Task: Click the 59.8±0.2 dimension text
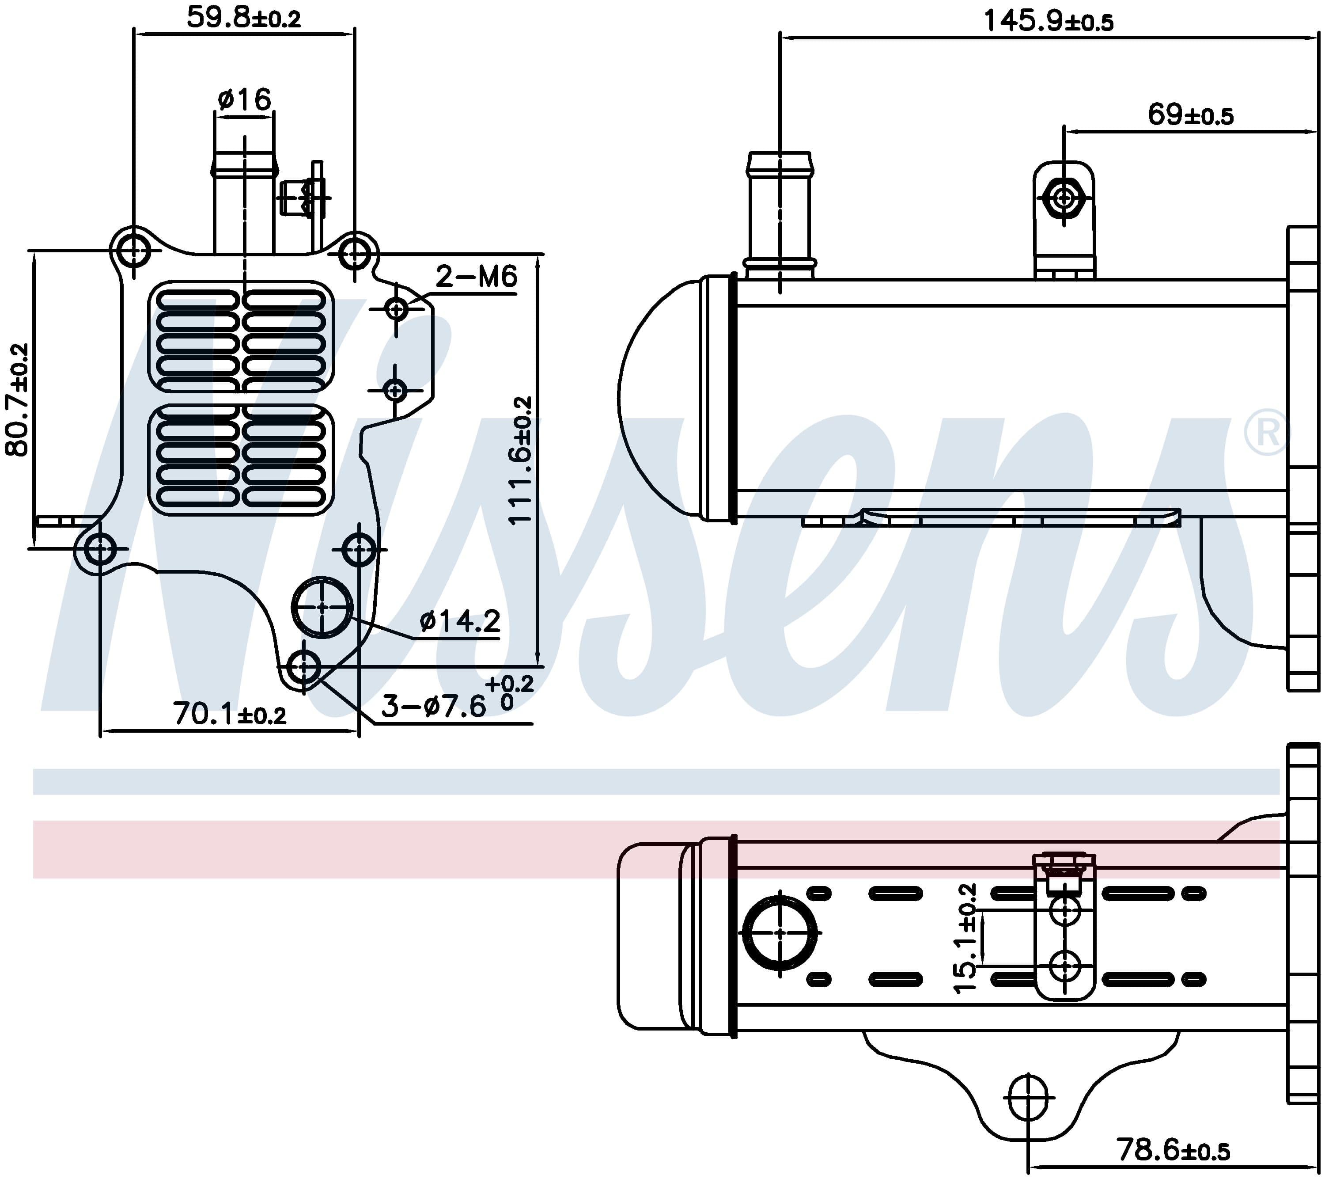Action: tap(244, 18)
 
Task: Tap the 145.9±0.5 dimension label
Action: tap(1048, 21)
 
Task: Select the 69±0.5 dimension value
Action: tap(1191, 115)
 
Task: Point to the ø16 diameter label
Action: tap(244, 100)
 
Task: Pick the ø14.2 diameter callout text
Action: tap(460, 621)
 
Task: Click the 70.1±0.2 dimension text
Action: tap(230, 714)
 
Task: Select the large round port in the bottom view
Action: tap(780, 932)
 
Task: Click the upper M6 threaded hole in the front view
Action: tap(397, 309)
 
